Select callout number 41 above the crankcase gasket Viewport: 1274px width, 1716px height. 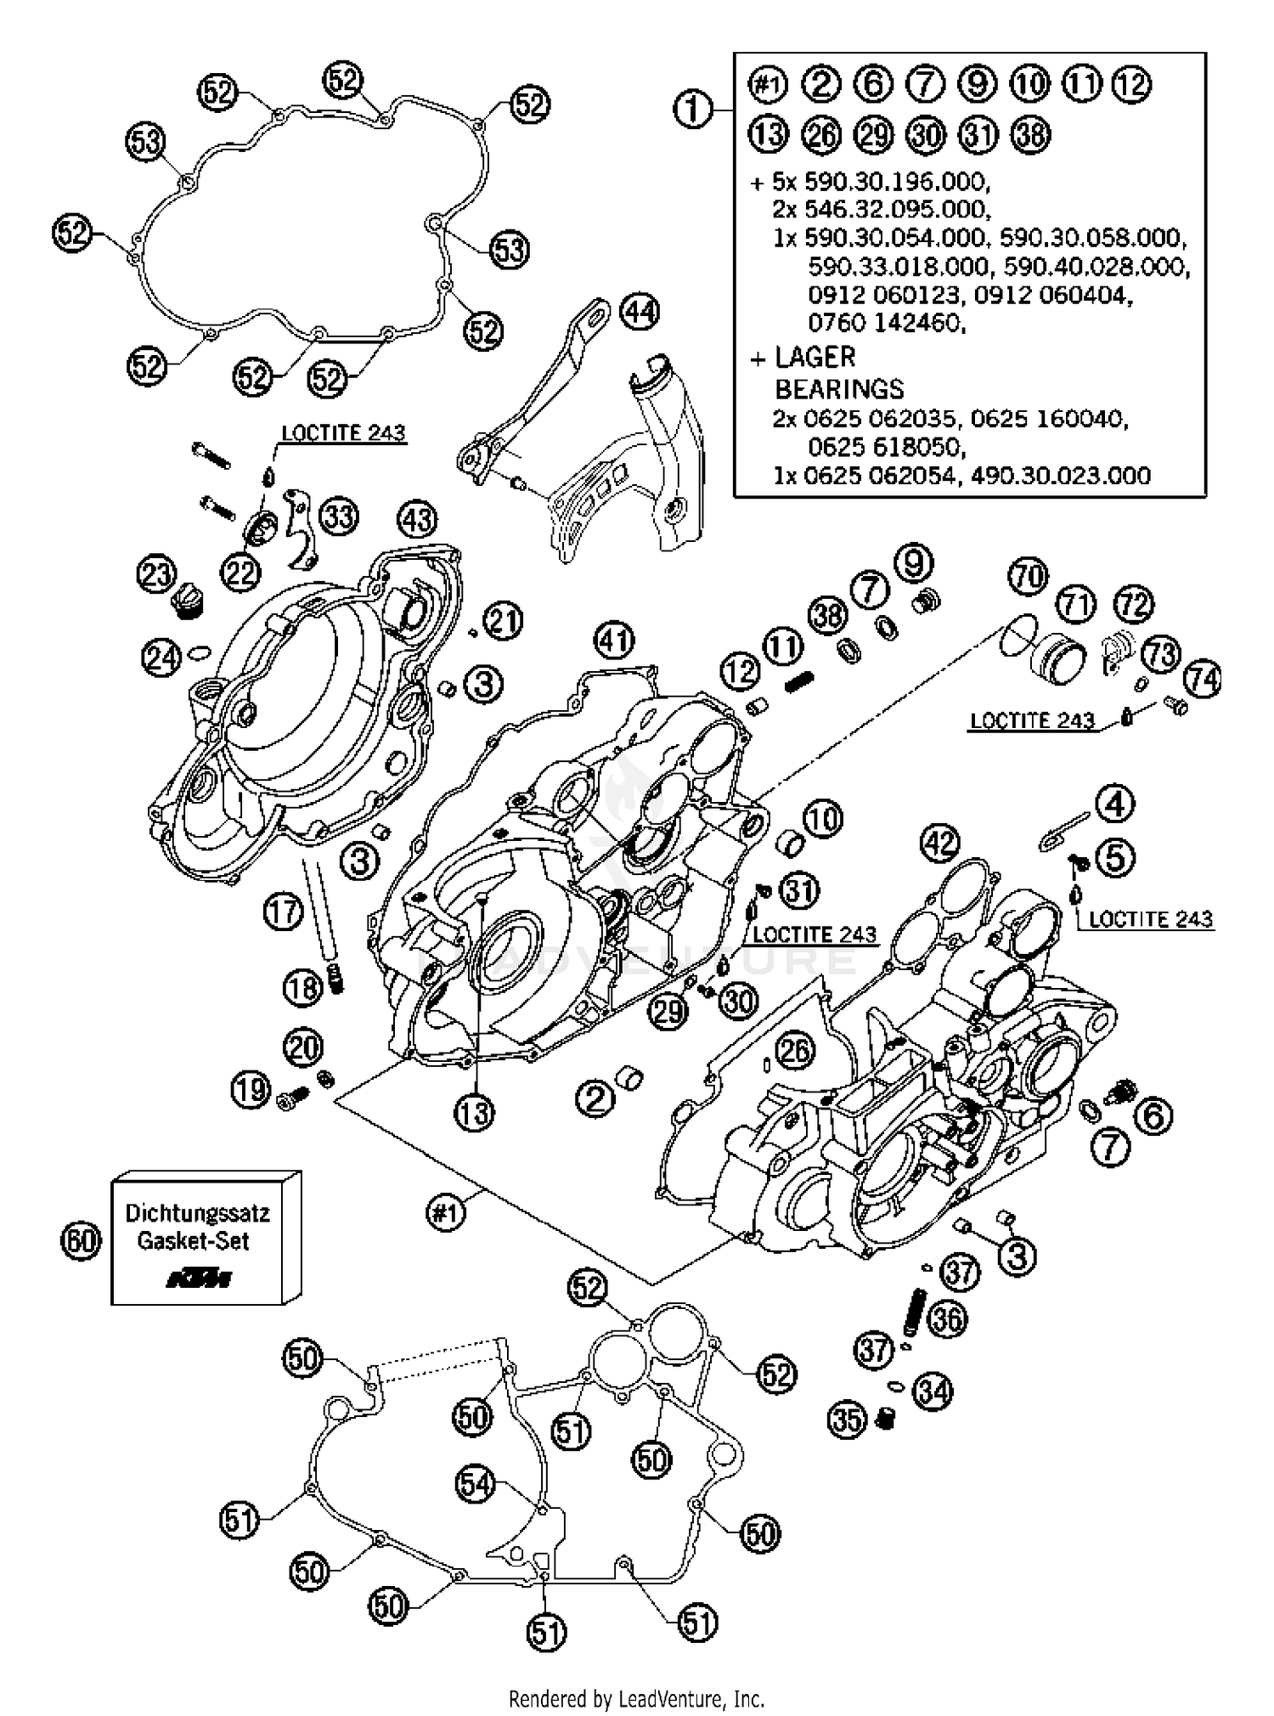click(x=614, y=639)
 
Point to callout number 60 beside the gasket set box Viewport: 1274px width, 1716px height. click(x=81, y=1241)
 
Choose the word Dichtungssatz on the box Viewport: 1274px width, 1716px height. click(x=197, y=1212)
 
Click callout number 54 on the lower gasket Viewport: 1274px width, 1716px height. click(x=476, y=1483)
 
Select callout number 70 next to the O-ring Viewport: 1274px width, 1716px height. click(x=1029, y=578)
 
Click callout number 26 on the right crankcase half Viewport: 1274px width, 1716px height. click(x=795, y=1051)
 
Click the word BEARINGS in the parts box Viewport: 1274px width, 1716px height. click(x=838, y=389)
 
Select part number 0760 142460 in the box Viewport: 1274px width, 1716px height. click(x=886, y=323)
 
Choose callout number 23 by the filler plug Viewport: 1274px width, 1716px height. click(x=156, y=575)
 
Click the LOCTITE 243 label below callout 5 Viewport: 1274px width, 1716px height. click(x=1150, y=919)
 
